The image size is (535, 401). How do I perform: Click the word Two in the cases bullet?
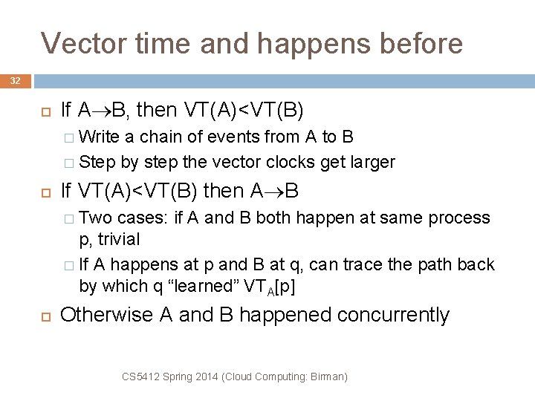[x=94, y=218]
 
